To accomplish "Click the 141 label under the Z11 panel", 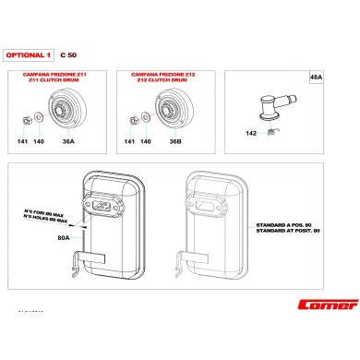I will click(x=23, y=141).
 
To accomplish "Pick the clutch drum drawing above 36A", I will click(x=71, y=112).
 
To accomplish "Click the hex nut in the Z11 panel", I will click(x=22, y=118).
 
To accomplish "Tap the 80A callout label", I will click(x=64, y=238).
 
